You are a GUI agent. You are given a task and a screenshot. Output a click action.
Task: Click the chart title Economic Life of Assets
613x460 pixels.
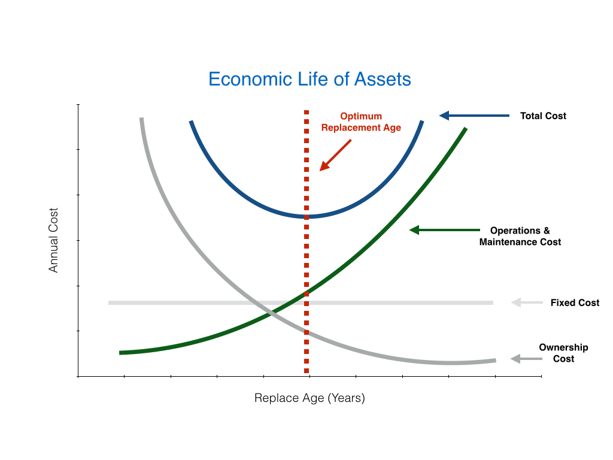point(309,79)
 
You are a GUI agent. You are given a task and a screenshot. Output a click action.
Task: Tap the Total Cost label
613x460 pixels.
point(543,116)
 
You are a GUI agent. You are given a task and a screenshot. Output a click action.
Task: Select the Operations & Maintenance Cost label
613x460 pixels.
point(520,236)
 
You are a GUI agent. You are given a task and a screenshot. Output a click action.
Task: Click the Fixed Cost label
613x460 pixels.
point(575,302)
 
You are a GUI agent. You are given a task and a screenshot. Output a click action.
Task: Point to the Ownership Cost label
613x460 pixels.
point(563,353)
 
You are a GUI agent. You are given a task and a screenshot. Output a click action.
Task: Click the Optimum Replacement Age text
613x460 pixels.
point(361,122)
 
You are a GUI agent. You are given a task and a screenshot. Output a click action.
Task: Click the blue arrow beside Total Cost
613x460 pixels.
point(474,116)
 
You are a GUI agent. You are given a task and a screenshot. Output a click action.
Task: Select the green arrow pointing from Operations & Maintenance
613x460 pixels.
point(444,230)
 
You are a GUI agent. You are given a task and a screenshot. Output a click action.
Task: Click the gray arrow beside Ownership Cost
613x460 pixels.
point(525,359)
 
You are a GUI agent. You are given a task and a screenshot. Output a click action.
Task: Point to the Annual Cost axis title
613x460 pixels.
point(54,240)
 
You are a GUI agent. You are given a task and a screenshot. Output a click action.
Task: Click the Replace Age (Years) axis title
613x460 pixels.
point(309,398)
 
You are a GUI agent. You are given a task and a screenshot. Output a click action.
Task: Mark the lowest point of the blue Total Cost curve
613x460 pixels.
point(306,216)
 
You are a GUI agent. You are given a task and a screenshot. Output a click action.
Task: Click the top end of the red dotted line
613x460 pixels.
point(306,113)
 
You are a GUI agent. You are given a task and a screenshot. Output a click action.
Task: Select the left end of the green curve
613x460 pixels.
point(121,353)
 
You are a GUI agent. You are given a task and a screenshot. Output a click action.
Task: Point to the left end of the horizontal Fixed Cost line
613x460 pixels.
point(110,302)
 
